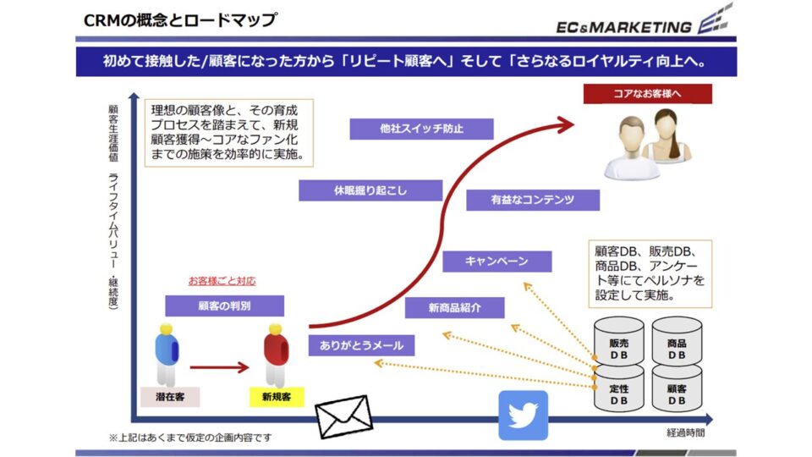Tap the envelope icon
(x=343, y=416)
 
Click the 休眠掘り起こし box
(x=370, y=190)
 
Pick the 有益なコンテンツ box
(x=533, y=200)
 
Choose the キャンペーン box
(x=497, y=262)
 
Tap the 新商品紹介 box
(x=454, y=308)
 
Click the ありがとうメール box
(x=361, y=344)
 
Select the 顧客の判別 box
(x=224, y=306)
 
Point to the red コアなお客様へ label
(x=648, y=93)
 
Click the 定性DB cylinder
(x=618, y=390)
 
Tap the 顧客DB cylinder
(x=677, y=390)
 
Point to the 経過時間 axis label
(x=686, y=433)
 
